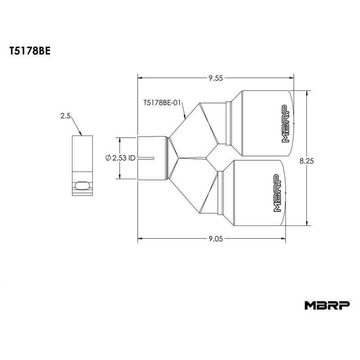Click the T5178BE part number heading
(x=30, y=51)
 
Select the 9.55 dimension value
(x=216, y=78)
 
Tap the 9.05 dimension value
(x=216, y=239)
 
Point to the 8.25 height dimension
(x=306, y=161)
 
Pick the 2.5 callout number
(x=65, y=116)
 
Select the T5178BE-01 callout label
(x=162, y=103)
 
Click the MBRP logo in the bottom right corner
(x=327, y=306)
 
